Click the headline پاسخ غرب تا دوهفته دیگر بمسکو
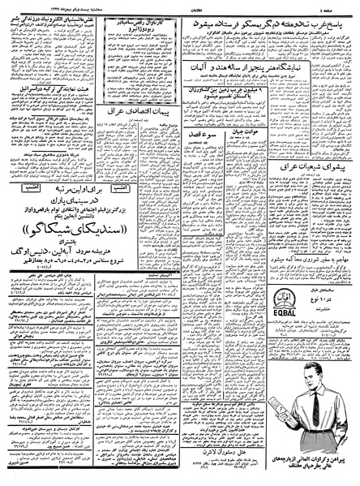pos(268,22)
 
